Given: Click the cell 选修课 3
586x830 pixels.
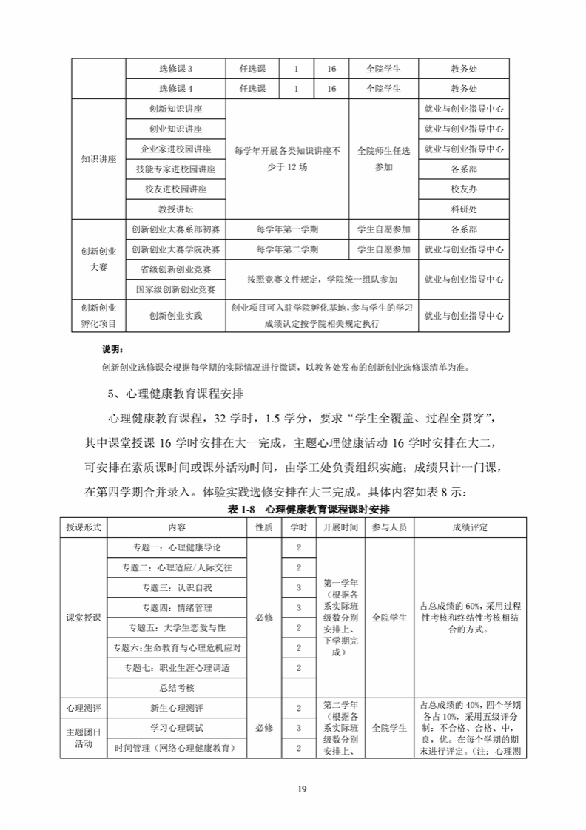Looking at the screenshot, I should [x=176, y=69].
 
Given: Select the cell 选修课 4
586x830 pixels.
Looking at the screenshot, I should [x=176, y=89].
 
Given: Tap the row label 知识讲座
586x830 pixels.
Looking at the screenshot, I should [x=98, y=159].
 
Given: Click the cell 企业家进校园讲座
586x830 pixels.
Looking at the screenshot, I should [x=176, y=149].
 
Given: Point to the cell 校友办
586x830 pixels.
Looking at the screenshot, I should [x=464, y=189].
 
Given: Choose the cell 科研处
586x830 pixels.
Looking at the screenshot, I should [x=464, y=209].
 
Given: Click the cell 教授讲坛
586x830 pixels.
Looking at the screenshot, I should [x=176, y=209].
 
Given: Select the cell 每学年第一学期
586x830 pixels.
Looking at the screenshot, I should [x=287, y=229].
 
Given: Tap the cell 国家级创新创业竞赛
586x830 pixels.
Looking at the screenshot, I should [x=176, y=289].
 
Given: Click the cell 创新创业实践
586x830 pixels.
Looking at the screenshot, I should [x=176, y=316].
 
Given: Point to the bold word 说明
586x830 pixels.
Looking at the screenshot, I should [x=112, y=348].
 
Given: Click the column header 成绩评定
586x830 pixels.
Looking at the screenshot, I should [x=470, y=527].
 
